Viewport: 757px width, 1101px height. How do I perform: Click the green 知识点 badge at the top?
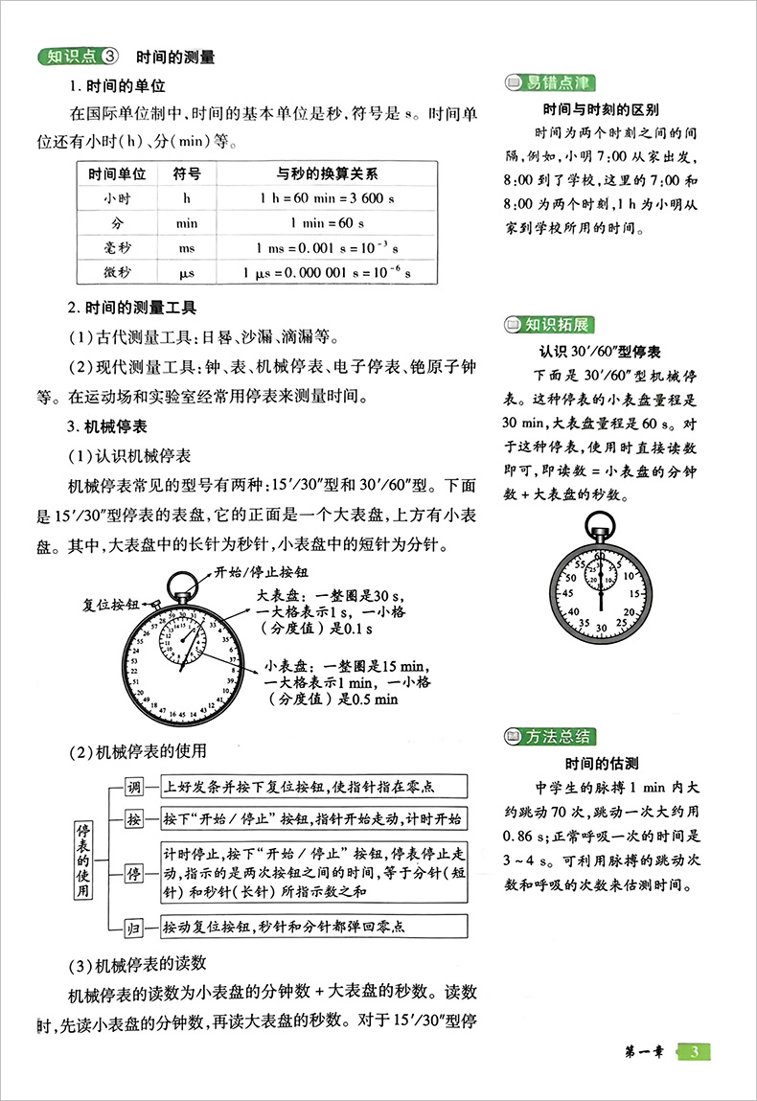tap(78, 57)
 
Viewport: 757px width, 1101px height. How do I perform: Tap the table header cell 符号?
tap(187, 174)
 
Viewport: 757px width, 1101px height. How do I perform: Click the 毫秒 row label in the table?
tap(117, 247)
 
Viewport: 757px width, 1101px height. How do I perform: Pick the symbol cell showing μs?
tap(187, 272)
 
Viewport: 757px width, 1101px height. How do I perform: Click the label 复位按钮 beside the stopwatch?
tap(110, 605)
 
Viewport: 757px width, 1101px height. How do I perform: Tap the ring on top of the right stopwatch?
tap(601, 522)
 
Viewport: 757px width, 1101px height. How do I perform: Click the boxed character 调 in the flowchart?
tap(135, 788)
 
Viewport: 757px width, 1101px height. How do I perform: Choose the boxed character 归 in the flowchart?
tap(135, 927)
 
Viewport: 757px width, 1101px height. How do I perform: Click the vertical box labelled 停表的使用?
tap(86, 859)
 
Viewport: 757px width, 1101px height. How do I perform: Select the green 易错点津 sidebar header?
tap(549, 81)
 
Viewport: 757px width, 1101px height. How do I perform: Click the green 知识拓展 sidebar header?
tap(549, 324)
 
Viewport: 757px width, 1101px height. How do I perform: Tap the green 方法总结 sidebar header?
tap(549, 737)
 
